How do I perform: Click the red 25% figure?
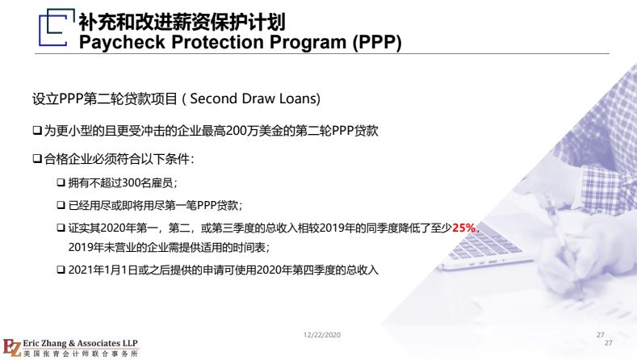click(x=463, y=228)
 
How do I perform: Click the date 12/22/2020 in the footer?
click(x=322, y=335)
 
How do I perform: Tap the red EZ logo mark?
click(x=11, y=348)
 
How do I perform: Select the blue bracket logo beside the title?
click(x=57, y=27)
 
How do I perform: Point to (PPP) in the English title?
click(x=377, y=42)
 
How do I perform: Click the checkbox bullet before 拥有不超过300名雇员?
click(x=61, y=182)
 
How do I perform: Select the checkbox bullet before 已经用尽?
click(x=61, y=205)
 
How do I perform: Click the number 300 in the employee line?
click(x=131, y=183)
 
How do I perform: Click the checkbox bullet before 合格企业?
click(x=37, y=158)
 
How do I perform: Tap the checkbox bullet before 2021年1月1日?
click(x=61, y=270)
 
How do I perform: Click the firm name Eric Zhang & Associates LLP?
click(x=80, y=343)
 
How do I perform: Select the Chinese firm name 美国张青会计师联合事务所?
click(x=81, y=354)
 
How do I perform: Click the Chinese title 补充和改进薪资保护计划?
click(x=182, y=22)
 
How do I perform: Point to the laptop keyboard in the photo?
click(x=484, y=243)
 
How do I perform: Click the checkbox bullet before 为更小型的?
click(x=37, y=131)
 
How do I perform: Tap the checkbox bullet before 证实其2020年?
click(x=61, y=228)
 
